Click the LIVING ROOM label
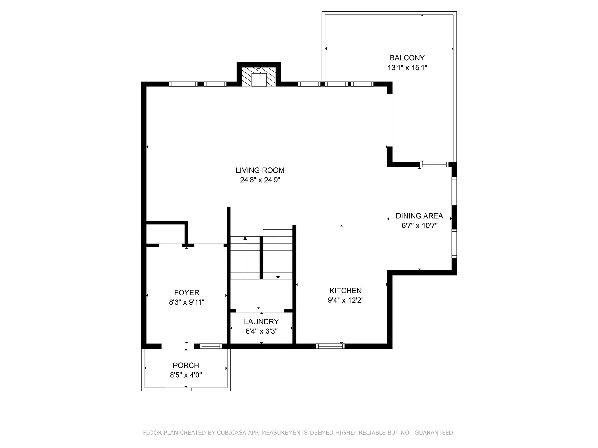(260, 170)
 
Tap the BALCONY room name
(407, 58)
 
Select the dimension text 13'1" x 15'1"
(407, 68)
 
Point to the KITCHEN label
(346, 291)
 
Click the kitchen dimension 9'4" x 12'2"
(346, 300)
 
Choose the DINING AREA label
(420, 216)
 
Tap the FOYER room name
(187, 292)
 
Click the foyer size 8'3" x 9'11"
(187, 302)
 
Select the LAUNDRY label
(261, 321)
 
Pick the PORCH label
(186, 365)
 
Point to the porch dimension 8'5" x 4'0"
(186, 375)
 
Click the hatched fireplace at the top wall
(259, 77)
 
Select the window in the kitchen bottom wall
(330, 346)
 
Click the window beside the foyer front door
(211, 346)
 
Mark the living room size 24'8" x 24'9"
(260, 180)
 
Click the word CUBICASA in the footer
(232, 433)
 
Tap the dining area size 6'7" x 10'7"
(420, 226)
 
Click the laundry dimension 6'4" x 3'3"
(261, 331)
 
